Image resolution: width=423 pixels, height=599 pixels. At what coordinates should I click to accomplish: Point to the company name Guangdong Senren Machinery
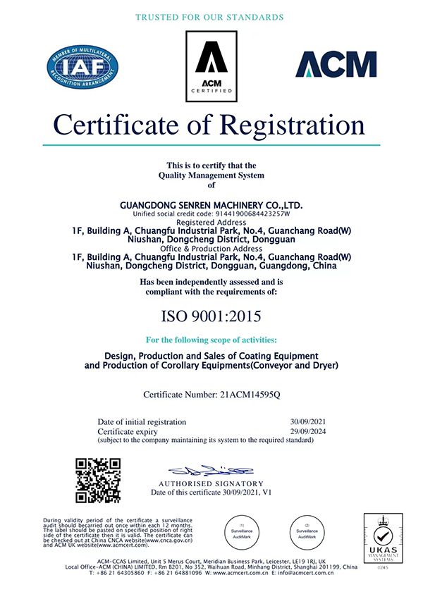point(211,204)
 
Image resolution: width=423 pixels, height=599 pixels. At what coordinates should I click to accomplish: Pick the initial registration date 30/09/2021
point(303,421)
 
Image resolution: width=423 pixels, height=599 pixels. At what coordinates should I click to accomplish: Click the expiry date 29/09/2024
point(303,431)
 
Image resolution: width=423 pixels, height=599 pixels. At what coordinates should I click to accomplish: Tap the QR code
point(98,481)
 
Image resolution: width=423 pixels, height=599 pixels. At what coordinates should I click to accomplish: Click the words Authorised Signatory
point(211,483)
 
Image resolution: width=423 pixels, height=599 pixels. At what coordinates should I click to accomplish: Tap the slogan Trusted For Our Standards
point(209,16)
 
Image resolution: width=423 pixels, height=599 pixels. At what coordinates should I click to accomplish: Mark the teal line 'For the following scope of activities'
point(211,339)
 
